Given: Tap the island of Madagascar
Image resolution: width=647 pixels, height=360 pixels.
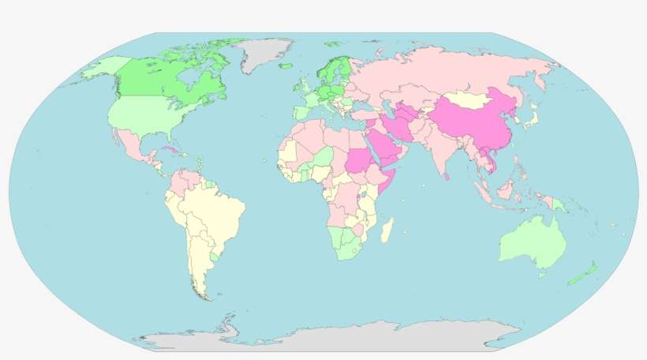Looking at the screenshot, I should coord(387,231).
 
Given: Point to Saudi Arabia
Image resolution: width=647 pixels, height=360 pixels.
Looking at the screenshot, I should coord(380,145).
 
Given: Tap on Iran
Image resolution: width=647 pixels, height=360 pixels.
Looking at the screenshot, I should coord(402,126).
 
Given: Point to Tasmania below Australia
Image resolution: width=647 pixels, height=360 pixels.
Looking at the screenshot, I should coord(542,275).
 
